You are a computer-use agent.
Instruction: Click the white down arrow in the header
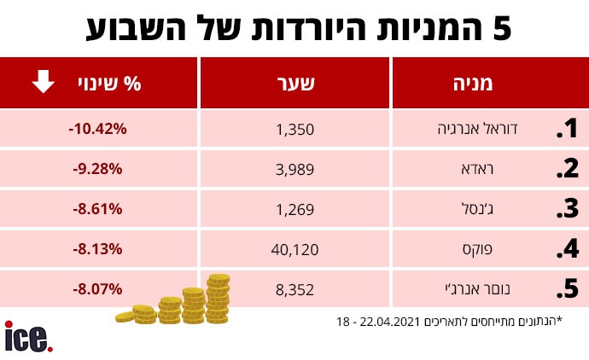click(44, 83)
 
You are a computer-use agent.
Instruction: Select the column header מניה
click(471, 84)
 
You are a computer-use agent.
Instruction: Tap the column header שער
click(296, 84)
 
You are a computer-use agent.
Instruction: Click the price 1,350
click(295, 130)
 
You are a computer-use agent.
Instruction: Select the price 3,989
click(295, 169)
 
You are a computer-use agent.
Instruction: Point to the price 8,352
click(295, 289)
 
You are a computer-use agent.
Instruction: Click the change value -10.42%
click(97, 129)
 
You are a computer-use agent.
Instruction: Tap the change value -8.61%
click(97, 208)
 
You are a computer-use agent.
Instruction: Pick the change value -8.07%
click(97, 288)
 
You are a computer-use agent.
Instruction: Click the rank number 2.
click(567, 169)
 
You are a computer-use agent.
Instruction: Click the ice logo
click(28, 337)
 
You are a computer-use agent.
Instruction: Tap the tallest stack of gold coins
click(218, 298)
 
